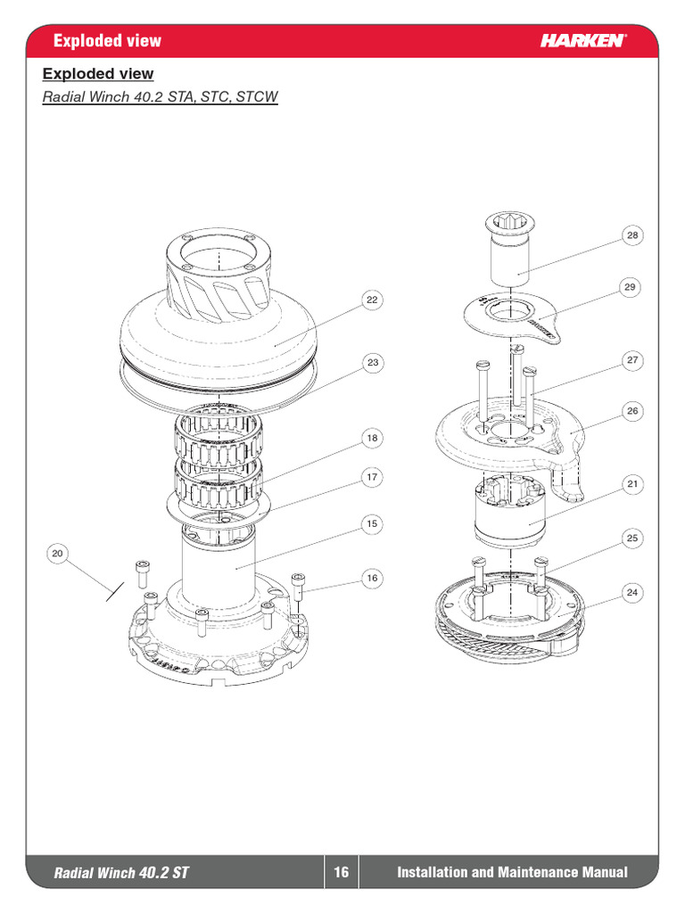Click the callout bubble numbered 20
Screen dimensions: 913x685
[x=58, y=554]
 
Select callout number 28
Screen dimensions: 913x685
[x=631, y=235]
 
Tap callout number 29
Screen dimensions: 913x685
[x=631, y=286]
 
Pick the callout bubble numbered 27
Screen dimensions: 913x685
[x=631, y=360]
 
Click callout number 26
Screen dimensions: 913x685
[x=631, y=411]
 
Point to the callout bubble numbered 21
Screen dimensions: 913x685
[x=631, y=484]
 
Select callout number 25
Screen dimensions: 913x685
[x=631, y=539]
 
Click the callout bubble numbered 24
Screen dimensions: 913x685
[x=631, y=592]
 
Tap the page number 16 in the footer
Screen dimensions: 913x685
[x=341, y=873]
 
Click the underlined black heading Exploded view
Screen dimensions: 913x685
[x=98, y=74]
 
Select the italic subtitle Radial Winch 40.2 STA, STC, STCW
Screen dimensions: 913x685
[x=161, y=96]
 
